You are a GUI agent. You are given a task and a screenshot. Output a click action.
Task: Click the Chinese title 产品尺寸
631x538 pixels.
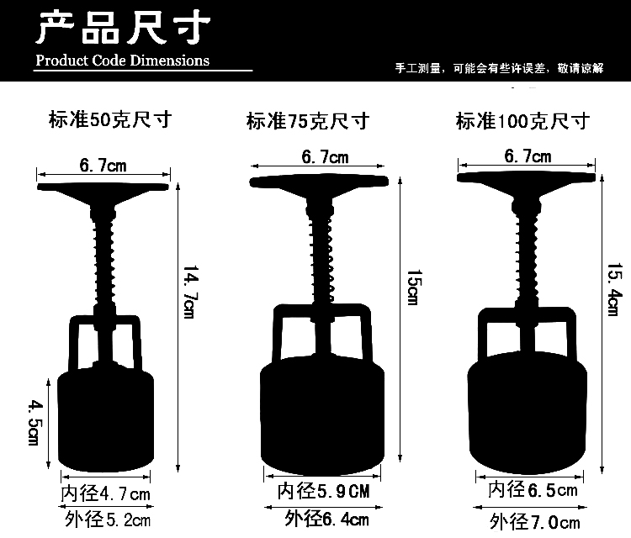pos(124,28)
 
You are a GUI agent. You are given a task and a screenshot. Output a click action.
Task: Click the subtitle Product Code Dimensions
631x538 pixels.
pos(122,61)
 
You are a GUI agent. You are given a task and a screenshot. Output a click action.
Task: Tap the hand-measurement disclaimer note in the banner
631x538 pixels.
pos(499,68)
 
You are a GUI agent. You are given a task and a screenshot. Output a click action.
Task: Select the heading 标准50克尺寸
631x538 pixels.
pos(110,119)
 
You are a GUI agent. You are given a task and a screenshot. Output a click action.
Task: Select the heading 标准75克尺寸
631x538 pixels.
pos(308,120)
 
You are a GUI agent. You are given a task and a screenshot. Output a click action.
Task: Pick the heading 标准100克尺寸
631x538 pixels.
pos(522,120)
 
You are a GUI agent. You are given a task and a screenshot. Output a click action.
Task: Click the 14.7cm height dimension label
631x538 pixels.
pos(191,292)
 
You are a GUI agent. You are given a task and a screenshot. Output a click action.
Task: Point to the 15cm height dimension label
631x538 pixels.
pos(414,287)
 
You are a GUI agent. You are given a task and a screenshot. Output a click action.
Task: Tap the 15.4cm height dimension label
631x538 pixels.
pos(614,289)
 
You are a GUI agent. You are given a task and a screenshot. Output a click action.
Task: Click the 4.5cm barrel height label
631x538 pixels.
pos(34,422)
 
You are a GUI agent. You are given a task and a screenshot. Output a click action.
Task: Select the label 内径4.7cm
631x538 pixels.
pos(105,493)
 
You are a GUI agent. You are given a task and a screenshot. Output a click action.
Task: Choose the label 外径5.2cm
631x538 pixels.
pos(108,520)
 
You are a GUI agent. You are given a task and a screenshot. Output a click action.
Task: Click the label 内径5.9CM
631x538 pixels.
pos(324,491)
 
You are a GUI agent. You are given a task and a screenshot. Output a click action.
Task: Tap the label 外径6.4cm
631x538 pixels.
pos(326,519)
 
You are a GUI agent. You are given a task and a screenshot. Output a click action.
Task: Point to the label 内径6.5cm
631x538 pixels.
pos(533,490)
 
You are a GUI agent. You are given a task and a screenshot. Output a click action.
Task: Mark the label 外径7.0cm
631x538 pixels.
pos(535,522)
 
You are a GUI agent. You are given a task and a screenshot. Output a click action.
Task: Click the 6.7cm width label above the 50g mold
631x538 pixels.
pos(103,166)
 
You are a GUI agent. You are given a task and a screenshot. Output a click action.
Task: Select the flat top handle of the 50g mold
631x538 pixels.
pos(103,187)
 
